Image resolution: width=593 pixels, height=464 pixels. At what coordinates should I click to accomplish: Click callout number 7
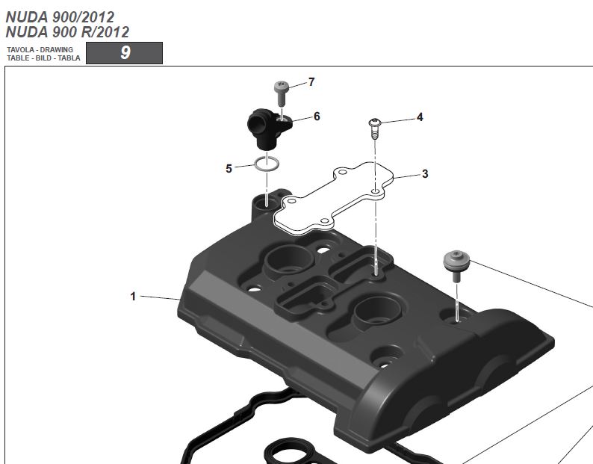click(311, 81)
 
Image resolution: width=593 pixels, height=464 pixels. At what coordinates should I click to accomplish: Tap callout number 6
click(317, 117)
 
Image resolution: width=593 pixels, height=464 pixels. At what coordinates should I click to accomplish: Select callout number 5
click(229, 168)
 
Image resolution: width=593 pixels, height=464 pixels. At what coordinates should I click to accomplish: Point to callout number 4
click(420, 117)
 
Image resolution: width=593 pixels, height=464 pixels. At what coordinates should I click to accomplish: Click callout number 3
click(425, 173)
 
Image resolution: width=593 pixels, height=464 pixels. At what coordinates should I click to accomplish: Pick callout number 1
click(133, 297)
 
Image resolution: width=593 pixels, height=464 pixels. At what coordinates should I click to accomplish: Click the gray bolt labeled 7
click(281, 93)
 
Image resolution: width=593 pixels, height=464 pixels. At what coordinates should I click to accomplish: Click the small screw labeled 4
click(374, 129)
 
